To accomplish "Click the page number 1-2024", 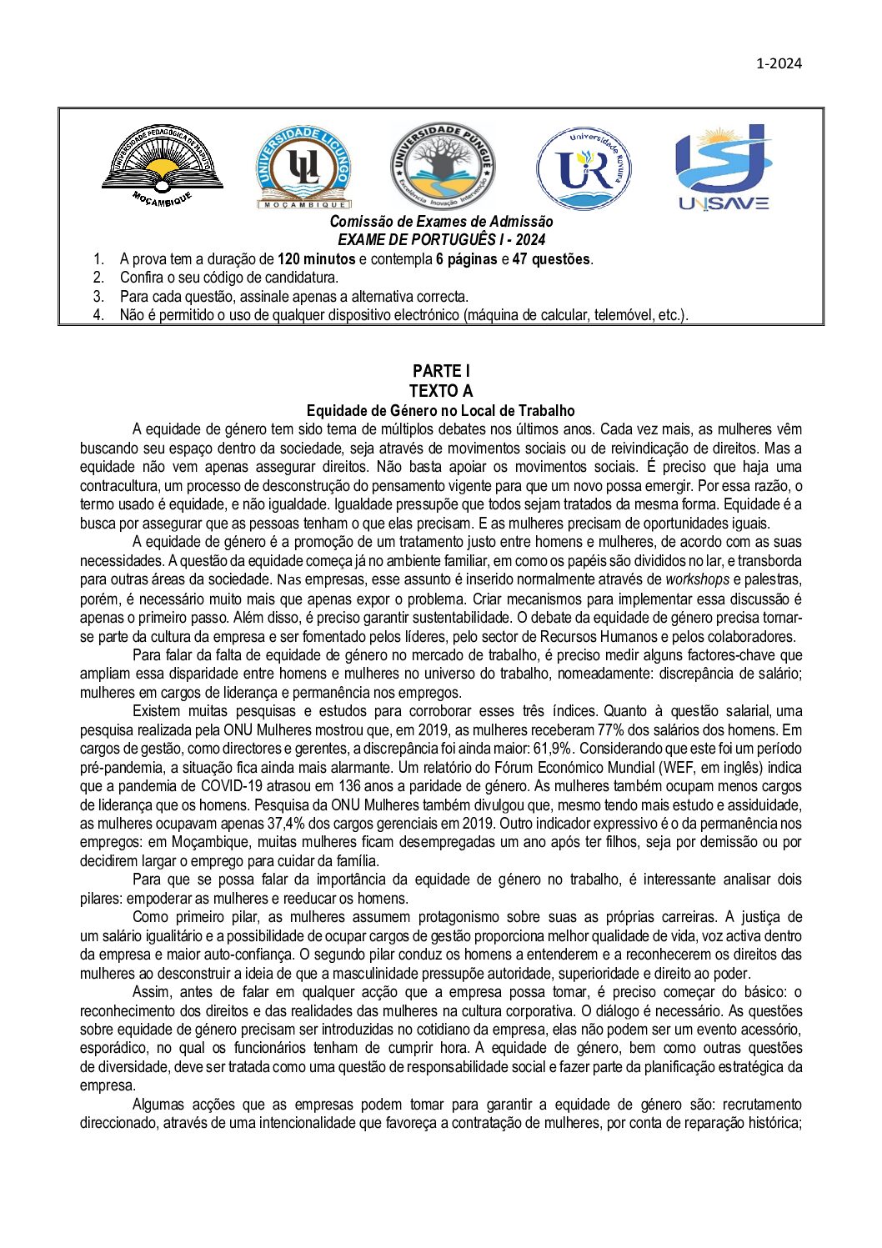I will [779, 63].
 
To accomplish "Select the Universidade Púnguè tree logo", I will [442, 165].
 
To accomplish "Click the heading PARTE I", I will [441, 371].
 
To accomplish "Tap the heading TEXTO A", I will [441, 390].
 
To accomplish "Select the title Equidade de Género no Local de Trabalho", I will [440, 410].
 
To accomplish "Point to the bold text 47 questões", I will [552, 259].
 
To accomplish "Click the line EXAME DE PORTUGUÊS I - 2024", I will [441, 240].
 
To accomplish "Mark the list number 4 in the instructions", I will [98, 315].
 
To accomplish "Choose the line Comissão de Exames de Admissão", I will [441, 222].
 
